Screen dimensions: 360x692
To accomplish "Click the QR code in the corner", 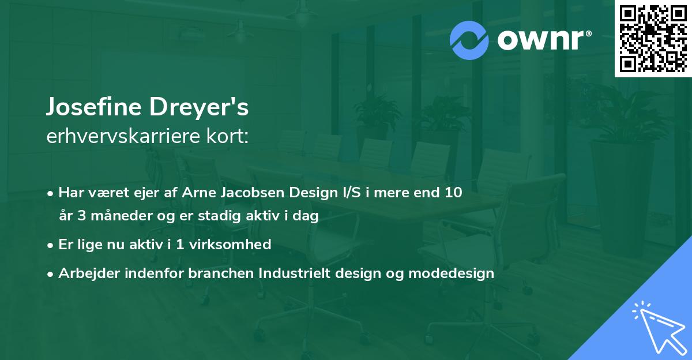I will click(x=653, y=39).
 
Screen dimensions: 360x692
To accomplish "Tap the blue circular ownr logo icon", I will click(x=469, y=40).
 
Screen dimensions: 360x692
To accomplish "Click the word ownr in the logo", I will click(x=537, y=41).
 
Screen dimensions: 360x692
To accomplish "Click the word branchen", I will click(x=215, y=273).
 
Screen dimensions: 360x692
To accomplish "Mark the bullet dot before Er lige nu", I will click(x=51, y=245).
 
